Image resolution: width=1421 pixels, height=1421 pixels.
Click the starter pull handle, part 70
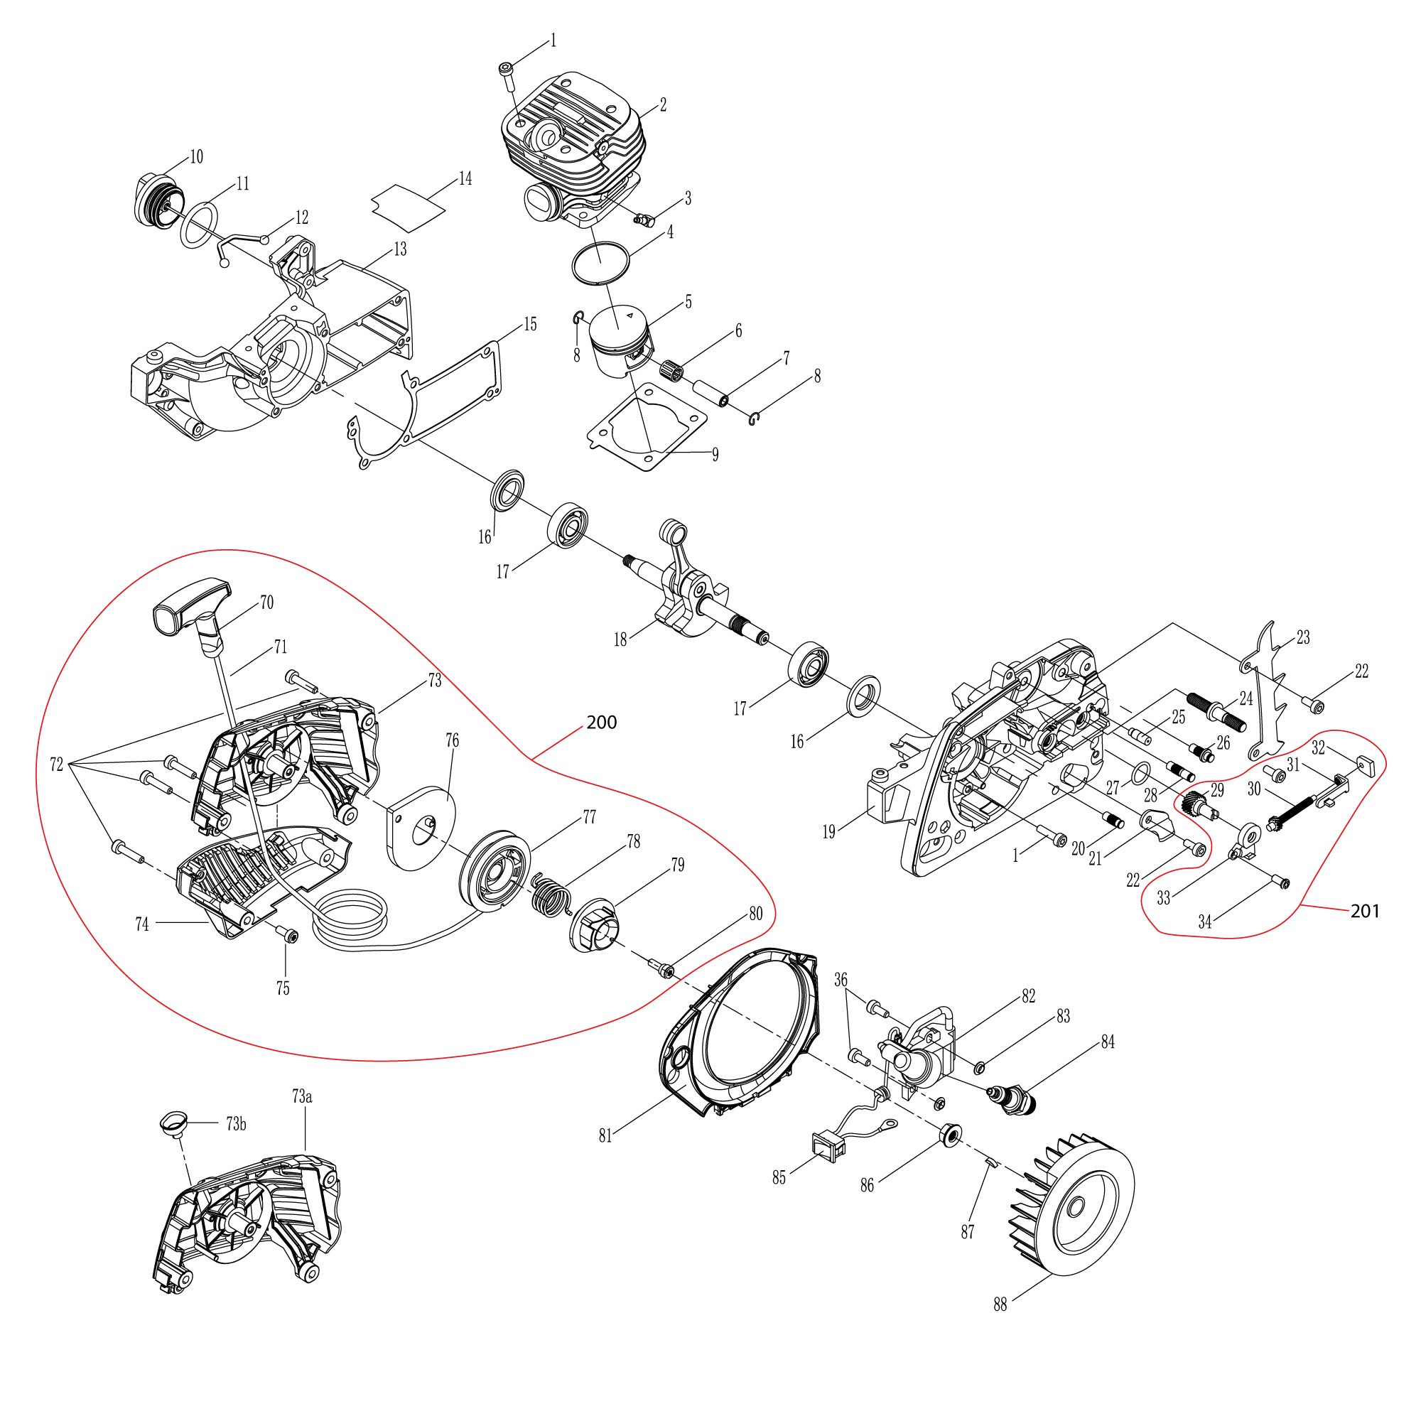click(x=190, y=607)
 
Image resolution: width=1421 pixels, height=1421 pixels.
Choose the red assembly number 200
click(x=601, y=723)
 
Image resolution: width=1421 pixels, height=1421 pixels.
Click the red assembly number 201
click(x=1364, y=912)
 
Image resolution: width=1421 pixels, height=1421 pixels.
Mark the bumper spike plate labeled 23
click(x=1267, y=691)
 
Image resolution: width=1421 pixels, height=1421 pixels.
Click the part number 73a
click(x=301, y=1096)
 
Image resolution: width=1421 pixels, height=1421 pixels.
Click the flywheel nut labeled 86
click(x=950, y=1135)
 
